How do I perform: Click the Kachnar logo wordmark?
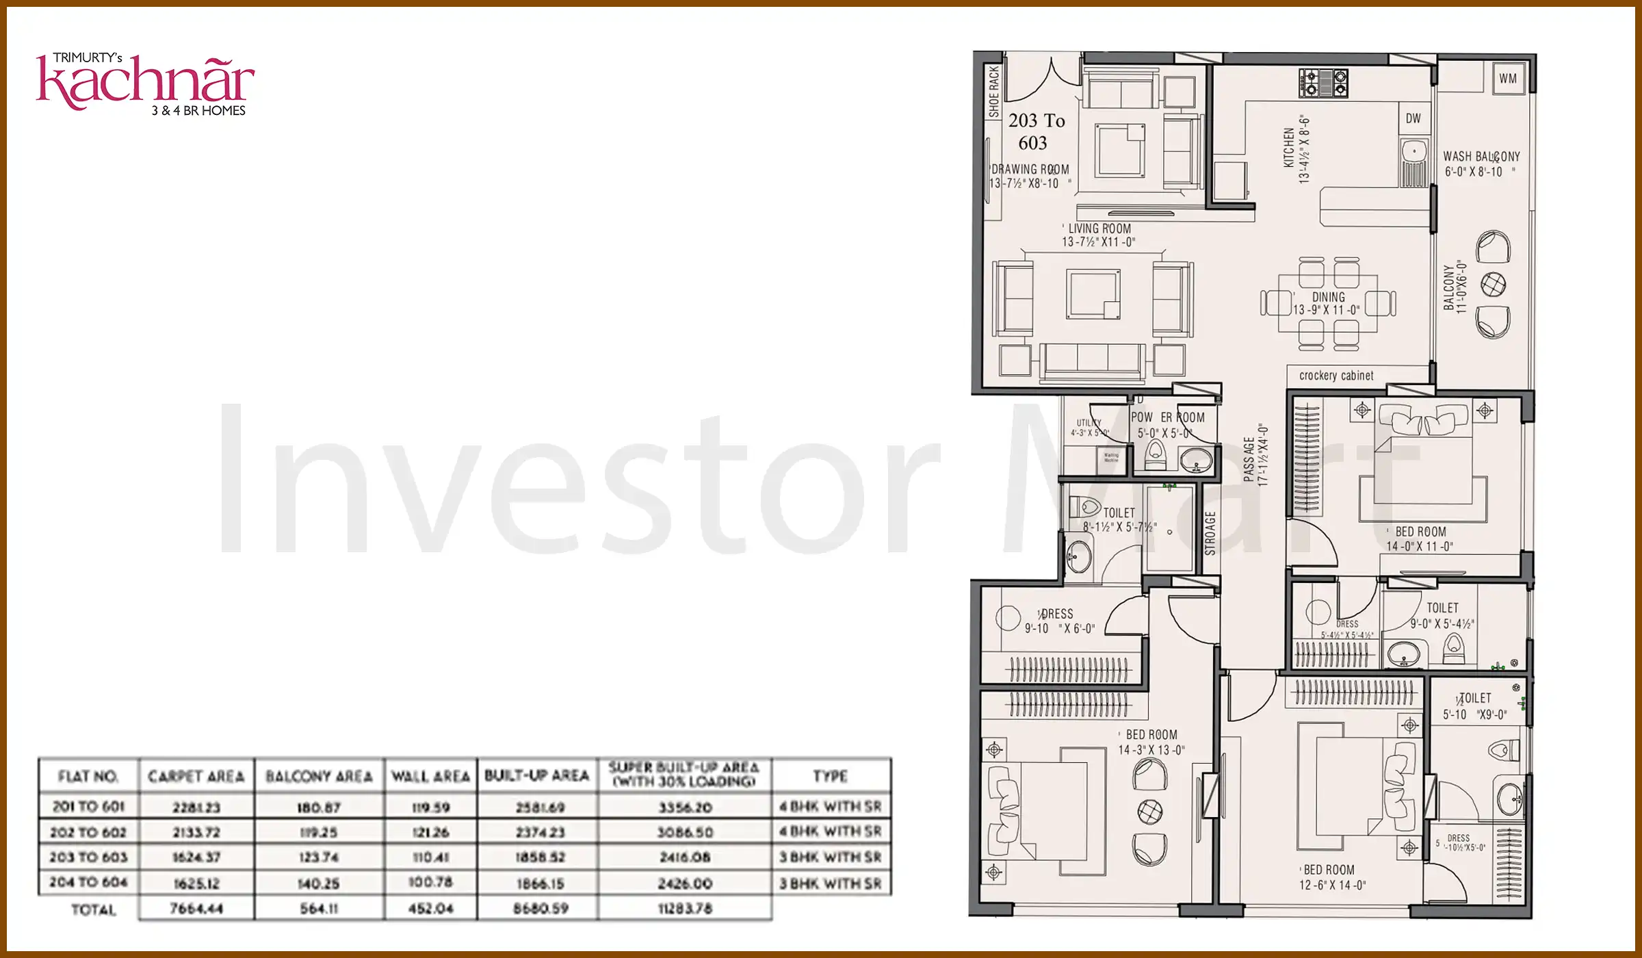click(x=145, y=83)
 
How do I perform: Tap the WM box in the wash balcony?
click(x=1507, y=78)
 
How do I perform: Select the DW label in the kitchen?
click(x=1413, y=118)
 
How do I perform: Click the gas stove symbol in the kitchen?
click(x=1323, y=83)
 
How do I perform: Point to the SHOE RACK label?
click(x=993, y=91)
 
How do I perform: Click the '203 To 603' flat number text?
click(x=1035, y=131)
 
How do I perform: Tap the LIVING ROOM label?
click(x=1099, y=229)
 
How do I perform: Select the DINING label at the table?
click(x=1328, y=297)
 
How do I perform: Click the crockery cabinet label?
click(x=1335, y=376)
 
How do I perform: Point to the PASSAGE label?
click(x=1249, y=459)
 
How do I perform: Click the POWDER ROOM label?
click(x=1167, y=417)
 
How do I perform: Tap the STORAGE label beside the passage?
click(x=1210, y=533)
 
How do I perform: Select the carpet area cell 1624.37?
click(x=196, y=857)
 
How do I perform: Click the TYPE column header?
click(x=830, y=776)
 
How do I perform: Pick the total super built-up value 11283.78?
click(x=685, y=909)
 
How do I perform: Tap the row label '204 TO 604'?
click(x=88, y=883)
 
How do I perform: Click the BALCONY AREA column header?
click(x=319, y=777)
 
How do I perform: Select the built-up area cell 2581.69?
click(x=540, y=807)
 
